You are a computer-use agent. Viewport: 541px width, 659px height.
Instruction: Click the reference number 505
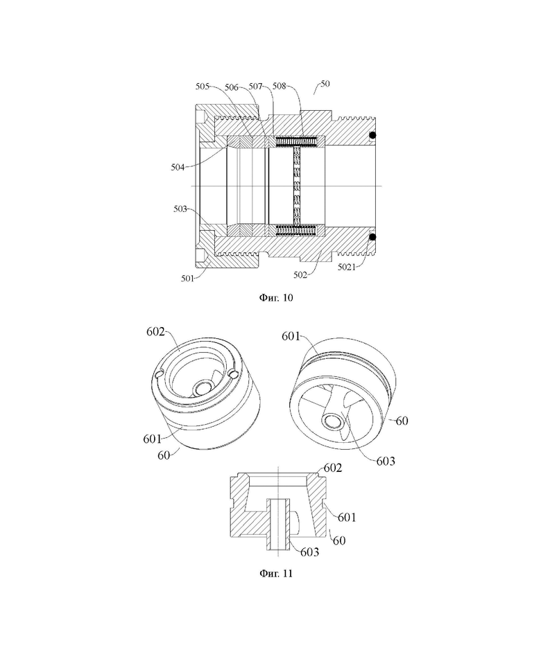(x=203, y=87)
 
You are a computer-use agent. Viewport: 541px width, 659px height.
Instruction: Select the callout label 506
(x=232, y=87)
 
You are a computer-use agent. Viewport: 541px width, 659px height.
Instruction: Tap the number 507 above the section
(x=256, y=87)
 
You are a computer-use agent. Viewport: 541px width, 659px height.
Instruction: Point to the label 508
(x=280, y=86)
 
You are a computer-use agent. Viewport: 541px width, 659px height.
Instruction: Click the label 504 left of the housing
(x=178, y=167)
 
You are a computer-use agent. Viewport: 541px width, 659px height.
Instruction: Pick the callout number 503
(x=180, y=209)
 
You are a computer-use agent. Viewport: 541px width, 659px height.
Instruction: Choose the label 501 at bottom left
(x=188, y=279)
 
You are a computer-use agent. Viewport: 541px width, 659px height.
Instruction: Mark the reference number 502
(x=300, y=275)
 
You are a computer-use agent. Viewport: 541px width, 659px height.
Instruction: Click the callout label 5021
(x=347, y=267)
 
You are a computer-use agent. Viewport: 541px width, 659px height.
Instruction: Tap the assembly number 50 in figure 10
(x=325, y=84)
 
